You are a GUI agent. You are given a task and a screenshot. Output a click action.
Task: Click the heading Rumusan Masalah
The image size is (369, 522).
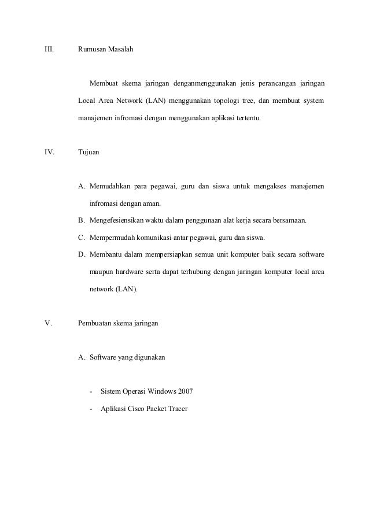click(x=105, y=51)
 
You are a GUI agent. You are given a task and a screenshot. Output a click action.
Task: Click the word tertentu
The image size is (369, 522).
click(x=246, y=119)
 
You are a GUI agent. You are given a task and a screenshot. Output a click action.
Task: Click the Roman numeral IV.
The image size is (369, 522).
click(x=49, y=153)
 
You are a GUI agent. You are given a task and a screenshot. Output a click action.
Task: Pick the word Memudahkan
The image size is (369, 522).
click(x=109, y=186)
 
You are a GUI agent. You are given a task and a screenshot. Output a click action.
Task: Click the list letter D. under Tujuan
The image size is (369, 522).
click(x=82, y=255)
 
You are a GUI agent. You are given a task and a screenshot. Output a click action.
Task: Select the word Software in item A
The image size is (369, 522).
click(x=103, y=357)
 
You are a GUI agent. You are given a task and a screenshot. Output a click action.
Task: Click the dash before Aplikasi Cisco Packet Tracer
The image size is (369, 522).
click(x=91, y=409)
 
